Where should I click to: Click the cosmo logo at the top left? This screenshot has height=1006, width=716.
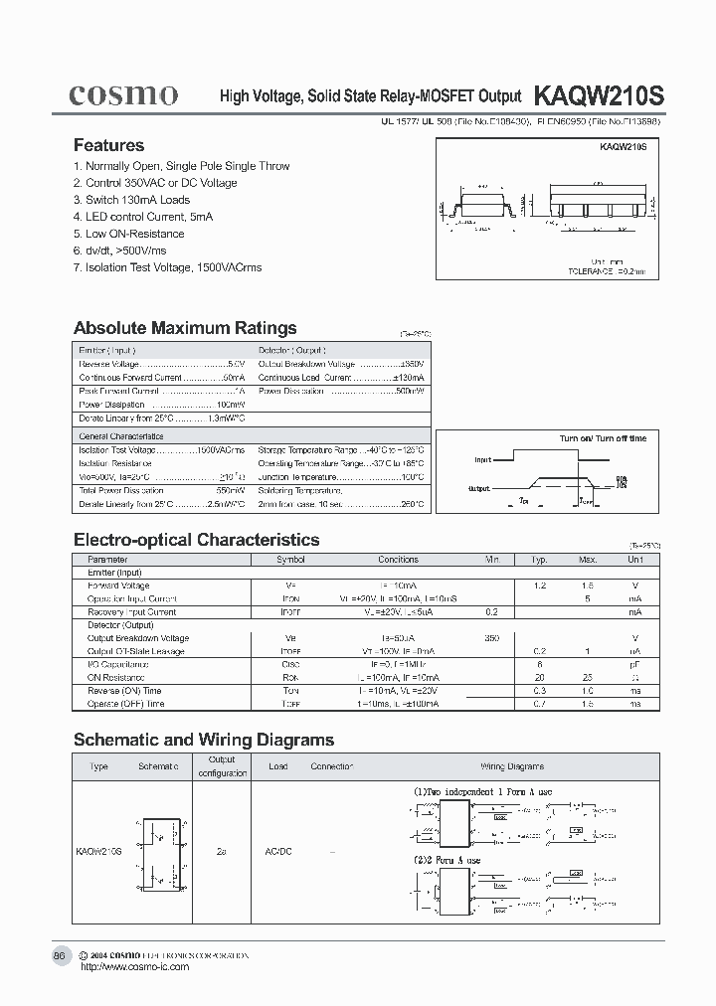pyautogui.click(x=122, y=94)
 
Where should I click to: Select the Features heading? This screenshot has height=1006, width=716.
pyautogui.click(x=108, y=145)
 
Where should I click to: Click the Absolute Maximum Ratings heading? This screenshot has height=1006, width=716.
pyautogui.click(x=185, y=328)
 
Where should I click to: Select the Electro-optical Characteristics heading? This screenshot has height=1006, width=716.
pyautogui.click(x=197, y=540)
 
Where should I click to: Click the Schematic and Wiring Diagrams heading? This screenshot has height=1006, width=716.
pyautogui.click(x=204, y=740)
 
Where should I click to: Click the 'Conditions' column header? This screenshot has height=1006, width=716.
pyautogui.click(x=399, y=560)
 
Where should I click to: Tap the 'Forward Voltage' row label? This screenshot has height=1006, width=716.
pyautogui.click(x=118, y=586)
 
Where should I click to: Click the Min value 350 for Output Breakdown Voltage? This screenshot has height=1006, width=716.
pyautogui.click(x=491, y=638)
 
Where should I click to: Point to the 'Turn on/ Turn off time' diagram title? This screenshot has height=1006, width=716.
pyautogui.click(x=603, y=438)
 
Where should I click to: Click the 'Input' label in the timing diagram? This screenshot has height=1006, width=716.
pyautogui.click(x=482, y=461)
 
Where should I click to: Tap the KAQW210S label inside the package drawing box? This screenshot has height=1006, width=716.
pyautogui.click(x=624, y=146)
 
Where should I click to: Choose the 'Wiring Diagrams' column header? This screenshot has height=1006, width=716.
pyautogui.click(x=512, y=766)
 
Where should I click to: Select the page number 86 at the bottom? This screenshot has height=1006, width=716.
pyautogui.click(x=60, y=955)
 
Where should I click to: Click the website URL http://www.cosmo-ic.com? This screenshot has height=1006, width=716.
pyautogui.click(x=133, y=966)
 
